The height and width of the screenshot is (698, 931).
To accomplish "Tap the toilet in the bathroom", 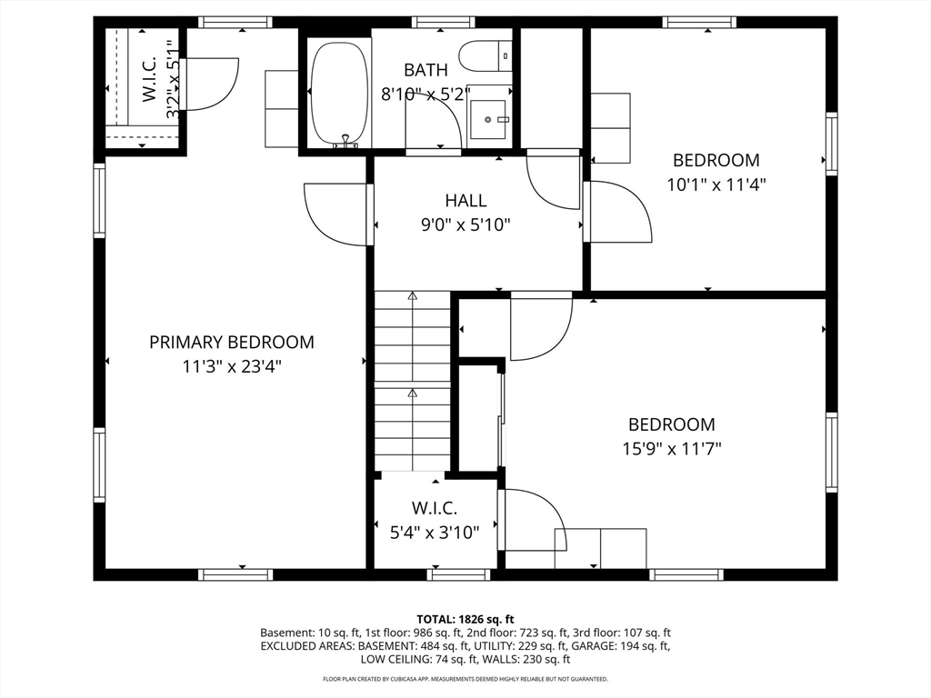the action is (x=486, y=55).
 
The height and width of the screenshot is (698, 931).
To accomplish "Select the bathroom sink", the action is (x=487, y=119).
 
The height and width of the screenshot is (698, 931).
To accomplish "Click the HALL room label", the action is (x=466, y=201).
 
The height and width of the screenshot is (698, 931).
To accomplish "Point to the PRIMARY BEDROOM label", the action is (x=232, y=343).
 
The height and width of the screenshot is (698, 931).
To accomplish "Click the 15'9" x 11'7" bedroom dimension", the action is (x=672, y=449).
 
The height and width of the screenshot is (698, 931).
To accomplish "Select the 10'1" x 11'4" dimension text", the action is (x=716, y=185).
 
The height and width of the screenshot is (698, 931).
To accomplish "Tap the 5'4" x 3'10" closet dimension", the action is (x=435, y=533).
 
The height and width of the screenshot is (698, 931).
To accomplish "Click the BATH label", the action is (x=425, y=70).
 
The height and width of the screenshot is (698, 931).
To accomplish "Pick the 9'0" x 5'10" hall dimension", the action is (x=466, y=225).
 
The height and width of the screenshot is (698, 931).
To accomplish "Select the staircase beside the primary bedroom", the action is (x=412, y=381).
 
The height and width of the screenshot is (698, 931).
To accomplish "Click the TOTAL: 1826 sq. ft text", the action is (x=465, y=620).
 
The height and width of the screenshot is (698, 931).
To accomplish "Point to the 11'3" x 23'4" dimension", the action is (x=232, y=367).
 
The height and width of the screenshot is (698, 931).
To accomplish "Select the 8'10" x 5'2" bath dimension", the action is (x=425, y=95).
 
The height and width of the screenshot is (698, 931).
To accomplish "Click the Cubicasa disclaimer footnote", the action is (x=465, y=679).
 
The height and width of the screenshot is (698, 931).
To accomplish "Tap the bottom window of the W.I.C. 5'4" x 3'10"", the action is (x=458, y=574).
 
